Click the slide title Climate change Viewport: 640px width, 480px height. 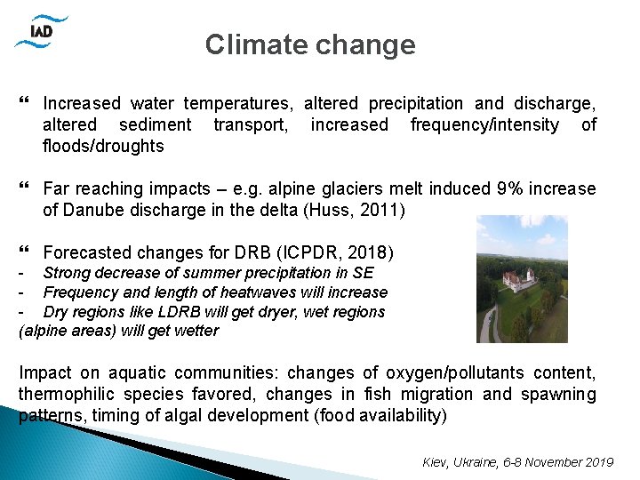pos(309,44)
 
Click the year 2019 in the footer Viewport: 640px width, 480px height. pos(599,462)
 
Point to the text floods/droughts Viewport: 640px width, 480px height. pos(103,147)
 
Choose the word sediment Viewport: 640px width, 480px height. pos(155,125)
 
